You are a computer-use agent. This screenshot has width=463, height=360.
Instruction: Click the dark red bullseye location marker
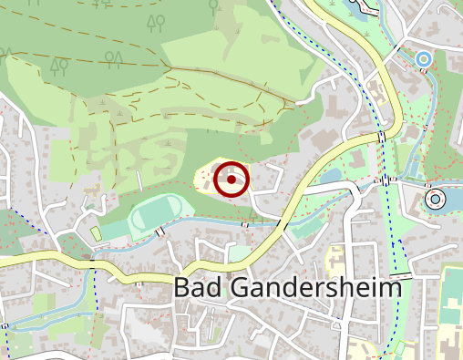pos(231,180)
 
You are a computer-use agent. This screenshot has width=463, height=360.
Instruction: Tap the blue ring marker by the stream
pos(423,59)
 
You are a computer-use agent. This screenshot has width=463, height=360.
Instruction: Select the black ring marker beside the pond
pos(435,198)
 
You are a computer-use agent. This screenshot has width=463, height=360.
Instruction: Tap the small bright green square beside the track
pos(97,234)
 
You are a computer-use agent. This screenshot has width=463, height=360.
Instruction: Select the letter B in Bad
pos(181,289)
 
